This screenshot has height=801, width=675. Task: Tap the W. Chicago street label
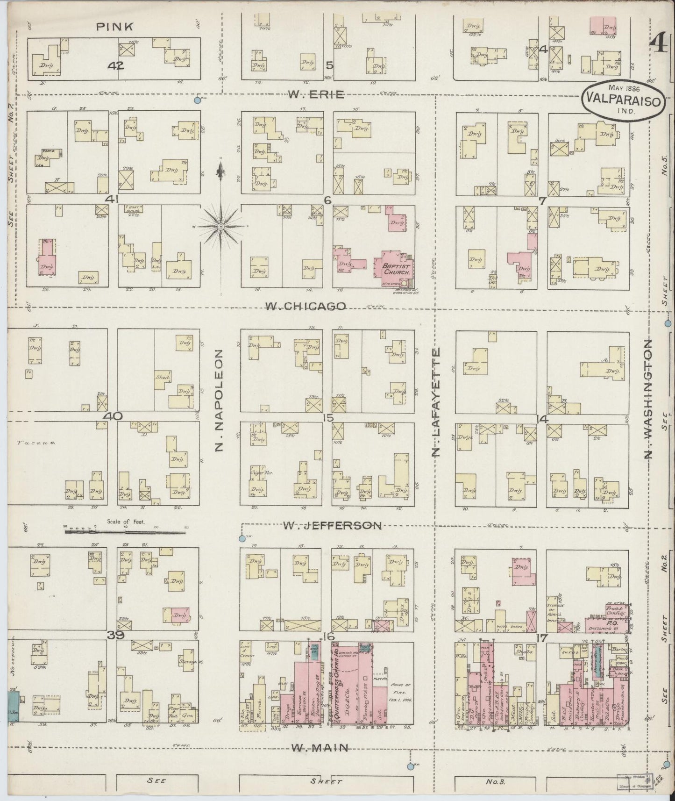[x=306, y=306]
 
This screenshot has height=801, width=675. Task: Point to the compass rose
[x=220, y=226]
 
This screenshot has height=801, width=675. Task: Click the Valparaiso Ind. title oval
[x=624, y=100]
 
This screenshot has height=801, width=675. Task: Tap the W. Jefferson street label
[x=332, y=526]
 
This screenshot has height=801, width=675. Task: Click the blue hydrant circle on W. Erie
[x=198, y=100]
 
